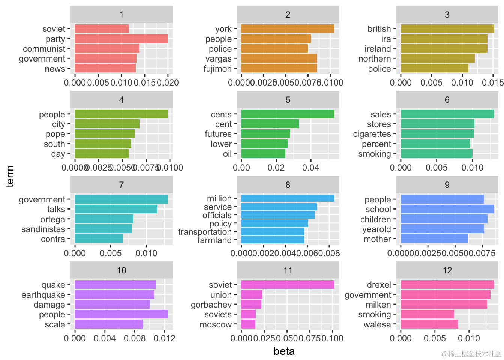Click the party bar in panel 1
click(121, 39)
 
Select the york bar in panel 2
click(288, 29)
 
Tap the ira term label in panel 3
click(386, 39)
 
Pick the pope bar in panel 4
click(105, 134)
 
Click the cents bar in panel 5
click(288, 114)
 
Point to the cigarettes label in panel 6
click(372, 134)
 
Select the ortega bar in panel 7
click(104, 219)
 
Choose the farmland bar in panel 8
click(273, 240)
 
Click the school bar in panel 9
click(447, 209)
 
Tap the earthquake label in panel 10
click(43, 295)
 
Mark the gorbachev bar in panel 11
click(251, 304)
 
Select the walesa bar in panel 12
click(429, 324)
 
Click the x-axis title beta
click(284, 351)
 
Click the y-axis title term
click(10, 176)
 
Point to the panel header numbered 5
click(288, 100)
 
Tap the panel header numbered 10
click(121, 270)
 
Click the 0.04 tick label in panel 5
click(310, 168)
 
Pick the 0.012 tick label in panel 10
click(165, 338)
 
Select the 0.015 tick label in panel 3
click(494, 82)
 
